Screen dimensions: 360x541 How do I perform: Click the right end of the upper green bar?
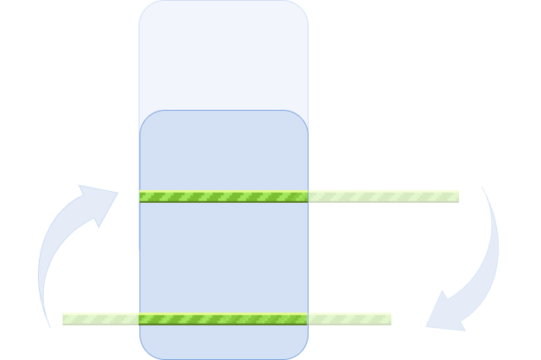click(456, 197)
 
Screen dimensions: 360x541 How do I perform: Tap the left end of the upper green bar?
click(143, 197)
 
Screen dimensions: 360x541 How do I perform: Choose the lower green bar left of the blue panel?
click(101, 319)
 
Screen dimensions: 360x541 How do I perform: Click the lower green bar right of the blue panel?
click(349, 319)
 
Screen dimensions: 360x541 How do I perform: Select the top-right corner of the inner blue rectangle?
click(301, 117)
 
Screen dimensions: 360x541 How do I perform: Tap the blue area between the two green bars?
click(224, 258)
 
